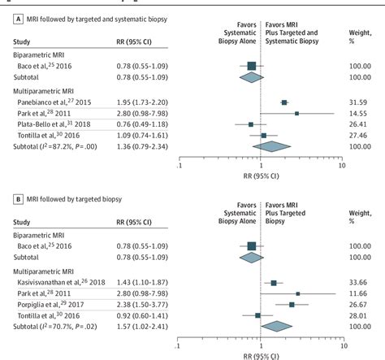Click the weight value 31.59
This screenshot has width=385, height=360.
click(x=365, y=102)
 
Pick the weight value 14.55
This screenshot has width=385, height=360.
click(x=365, y=114)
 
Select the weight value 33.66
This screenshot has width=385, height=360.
click(x=365, y=283)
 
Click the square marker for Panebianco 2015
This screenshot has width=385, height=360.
click(x=284, y=102)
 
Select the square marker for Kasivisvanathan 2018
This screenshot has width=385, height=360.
click(x=273, y=283)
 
